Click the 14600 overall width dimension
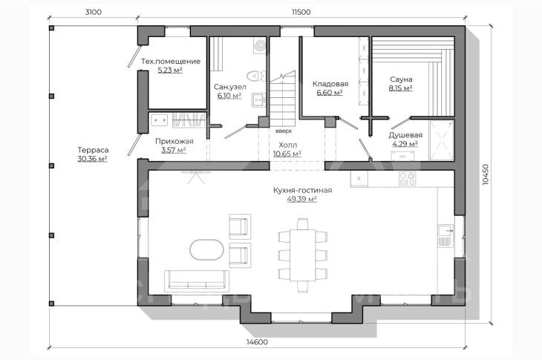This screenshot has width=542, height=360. (x=257, y=342)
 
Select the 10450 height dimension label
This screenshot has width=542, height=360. (x=486, y=175)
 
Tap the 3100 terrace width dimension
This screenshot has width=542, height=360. (x=94, y=12)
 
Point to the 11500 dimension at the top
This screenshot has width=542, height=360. (x=301, y=12)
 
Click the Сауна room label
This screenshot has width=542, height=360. (x=401, y=79)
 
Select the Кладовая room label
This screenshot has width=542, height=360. (x=330, y=84)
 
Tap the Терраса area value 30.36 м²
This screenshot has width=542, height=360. (x=92, y=159)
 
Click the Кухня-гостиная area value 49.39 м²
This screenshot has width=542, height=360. (x=301, y=199)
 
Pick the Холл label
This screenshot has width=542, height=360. (x=287, y=145)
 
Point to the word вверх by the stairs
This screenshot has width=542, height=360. (x=284, y=131)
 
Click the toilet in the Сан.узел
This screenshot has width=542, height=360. (x=256, y=76)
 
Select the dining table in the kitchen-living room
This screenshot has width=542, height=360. (x=302, y=255)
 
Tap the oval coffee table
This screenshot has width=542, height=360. (x=206, y=249)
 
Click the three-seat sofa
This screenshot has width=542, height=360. (x=197, y=280)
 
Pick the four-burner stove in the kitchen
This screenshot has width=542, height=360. (x=407, y=179)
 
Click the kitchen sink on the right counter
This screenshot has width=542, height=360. (x=446, y=235)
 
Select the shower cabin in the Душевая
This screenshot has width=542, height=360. (x=442, y=140)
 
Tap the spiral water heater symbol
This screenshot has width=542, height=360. (x=260, y=45)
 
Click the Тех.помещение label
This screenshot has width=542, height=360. (x=171, y=62)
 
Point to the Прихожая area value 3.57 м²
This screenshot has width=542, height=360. (x=174, y=150)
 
